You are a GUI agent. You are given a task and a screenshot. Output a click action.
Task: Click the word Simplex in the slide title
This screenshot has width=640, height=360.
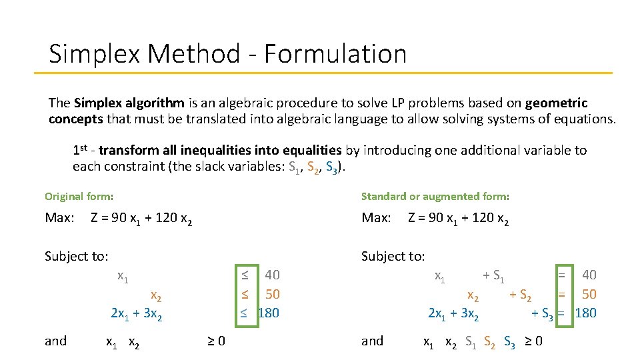tap(94, 53)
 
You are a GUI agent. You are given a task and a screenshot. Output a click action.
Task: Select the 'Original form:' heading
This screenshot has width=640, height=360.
tap(79, 196)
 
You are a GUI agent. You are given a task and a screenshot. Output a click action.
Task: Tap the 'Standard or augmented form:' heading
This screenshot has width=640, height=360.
tap(435, 196)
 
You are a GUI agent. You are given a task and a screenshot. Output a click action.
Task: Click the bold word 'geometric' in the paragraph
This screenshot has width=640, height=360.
tap(556, 103)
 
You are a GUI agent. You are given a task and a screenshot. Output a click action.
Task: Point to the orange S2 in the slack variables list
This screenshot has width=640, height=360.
tap(314, 167)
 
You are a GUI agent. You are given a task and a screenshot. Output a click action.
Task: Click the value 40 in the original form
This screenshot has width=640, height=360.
tap(272, 275)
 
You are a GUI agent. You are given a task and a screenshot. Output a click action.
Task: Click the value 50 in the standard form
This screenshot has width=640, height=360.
tap(589, 294)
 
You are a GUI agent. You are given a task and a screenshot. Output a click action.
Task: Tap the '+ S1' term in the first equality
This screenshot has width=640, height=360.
tap(493, 275)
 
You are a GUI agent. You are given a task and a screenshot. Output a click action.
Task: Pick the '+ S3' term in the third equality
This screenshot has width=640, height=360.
tap(542, 313)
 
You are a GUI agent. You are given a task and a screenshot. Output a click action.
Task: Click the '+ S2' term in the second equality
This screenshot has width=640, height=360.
tap(520, 295)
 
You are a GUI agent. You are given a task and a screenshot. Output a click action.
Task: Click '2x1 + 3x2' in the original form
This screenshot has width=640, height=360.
tap(136, 313)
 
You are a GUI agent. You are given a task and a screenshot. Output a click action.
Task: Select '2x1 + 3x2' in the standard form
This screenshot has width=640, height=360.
tap(453, 313)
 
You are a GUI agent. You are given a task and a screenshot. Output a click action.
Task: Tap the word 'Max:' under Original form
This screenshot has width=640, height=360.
tap(59, 218)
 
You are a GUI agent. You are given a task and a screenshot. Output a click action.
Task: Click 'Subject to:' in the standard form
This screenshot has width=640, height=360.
tap(393, 256)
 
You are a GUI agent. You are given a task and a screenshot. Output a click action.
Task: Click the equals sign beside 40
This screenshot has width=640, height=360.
tap(562, 275)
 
